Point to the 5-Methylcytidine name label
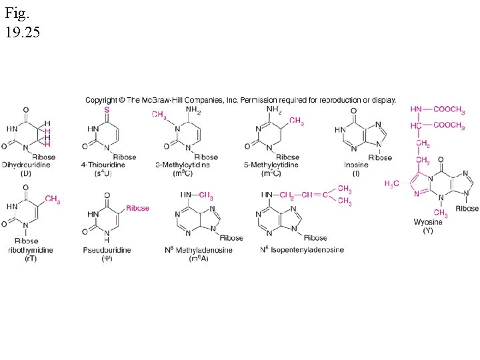tap(271, 165)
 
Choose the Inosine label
tap(356, 165)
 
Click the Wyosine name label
tap(427, 222)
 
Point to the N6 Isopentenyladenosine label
tap(301, 250)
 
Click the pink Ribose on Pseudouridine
tap(137, 208)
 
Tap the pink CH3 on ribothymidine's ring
tap(53, 201)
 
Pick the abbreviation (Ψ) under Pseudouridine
tap(107, 258)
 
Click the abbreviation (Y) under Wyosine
tap(428, 231)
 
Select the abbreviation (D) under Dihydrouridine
tap(26, 173)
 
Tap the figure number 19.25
tap(23, 31)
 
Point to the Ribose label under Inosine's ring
tap(381, 157)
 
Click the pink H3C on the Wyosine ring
tap(393, 183)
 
